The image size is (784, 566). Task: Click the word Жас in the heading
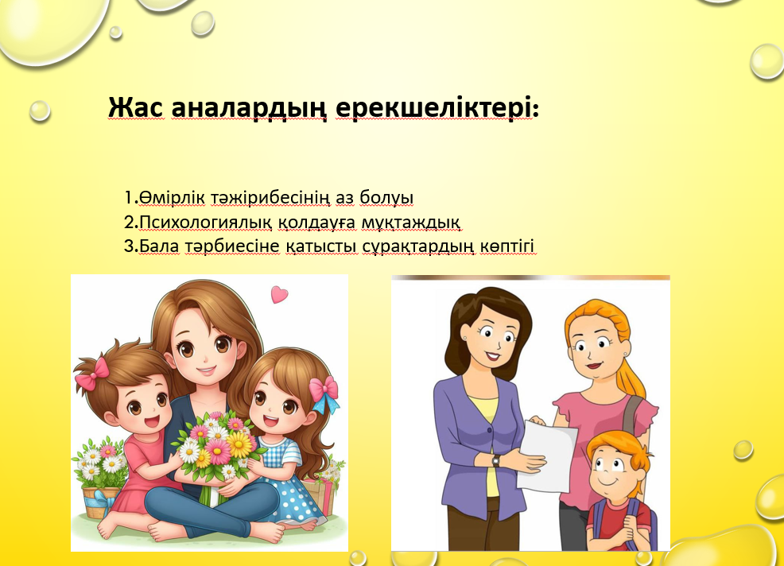coord(134,107)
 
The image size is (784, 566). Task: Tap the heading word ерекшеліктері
coord(434,108)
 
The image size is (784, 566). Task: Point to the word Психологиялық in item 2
coord(205,222)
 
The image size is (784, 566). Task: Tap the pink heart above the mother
coord(279,294)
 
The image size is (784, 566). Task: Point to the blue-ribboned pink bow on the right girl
coord(324,393)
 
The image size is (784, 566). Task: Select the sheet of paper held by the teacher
coord(546,455)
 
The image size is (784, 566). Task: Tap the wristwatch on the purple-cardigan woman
coord(495,460)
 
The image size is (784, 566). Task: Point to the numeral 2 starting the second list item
coord(129,222)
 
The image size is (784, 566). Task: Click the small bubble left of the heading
coord(40,111)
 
